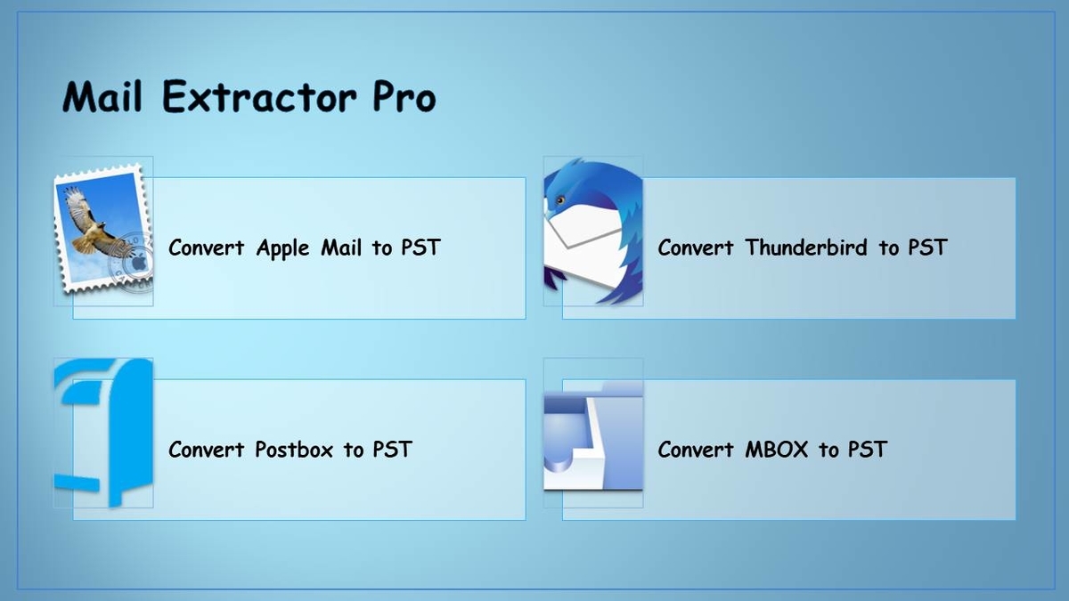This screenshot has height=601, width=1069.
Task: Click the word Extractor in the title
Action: [259, 97]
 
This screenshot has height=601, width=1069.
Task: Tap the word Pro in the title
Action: [404, 97]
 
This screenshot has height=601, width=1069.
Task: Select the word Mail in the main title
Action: [102, 97]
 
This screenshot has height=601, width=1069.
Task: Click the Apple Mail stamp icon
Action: [103, 228]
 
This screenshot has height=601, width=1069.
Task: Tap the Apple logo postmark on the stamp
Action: [138, 263]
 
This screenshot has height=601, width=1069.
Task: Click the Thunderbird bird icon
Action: [593, 231]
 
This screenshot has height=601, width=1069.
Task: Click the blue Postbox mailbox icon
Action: [103, 433]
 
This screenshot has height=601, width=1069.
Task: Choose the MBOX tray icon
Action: [593, 435]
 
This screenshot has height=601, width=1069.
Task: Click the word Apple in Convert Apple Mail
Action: [283, 248]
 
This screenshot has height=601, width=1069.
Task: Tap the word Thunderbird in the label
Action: [806, 248]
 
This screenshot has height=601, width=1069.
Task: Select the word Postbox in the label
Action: [294, 450]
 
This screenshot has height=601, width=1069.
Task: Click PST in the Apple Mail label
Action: [420, 248]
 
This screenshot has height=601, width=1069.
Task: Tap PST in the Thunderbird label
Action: [927, 248]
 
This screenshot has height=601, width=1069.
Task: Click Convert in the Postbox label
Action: [207, 450]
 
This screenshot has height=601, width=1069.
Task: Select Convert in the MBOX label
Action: [696, 450]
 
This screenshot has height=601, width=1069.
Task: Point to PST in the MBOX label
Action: [868, 450]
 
